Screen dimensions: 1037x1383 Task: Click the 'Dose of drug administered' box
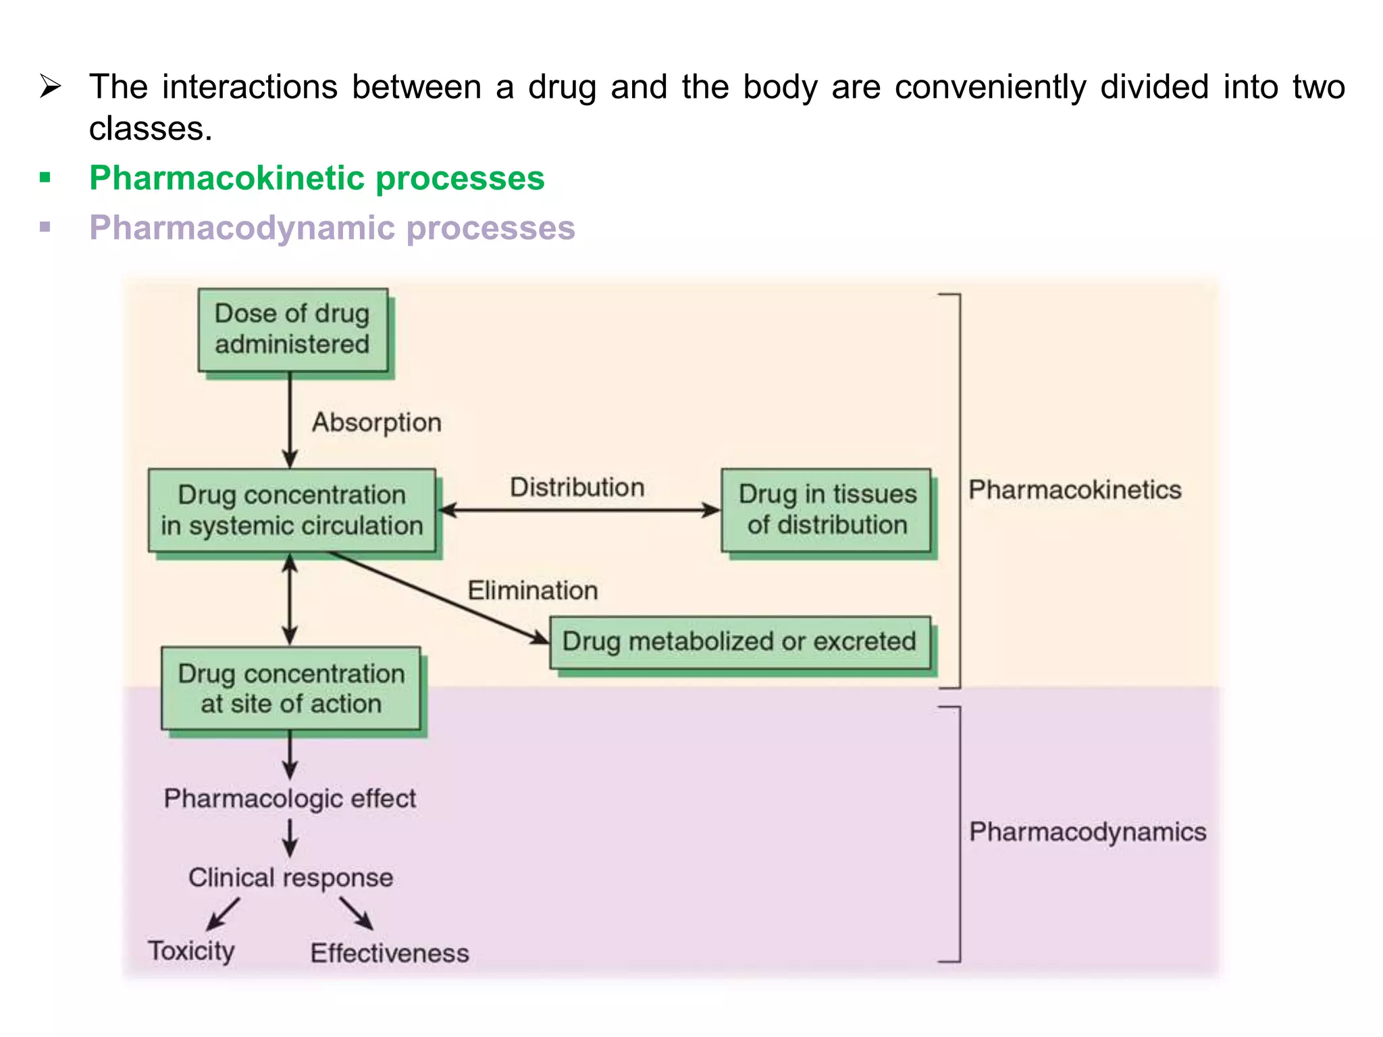292,329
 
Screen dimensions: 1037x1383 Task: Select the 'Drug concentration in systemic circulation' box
292,510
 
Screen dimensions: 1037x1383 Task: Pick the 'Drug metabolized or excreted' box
739,641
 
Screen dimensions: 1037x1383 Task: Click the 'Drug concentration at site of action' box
291,688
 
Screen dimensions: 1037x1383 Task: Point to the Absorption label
377,423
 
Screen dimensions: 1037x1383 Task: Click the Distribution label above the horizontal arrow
577,487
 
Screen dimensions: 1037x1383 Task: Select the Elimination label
533,591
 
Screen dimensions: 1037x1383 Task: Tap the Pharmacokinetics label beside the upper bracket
1074,490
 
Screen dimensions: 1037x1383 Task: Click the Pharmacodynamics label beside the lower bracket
1087,832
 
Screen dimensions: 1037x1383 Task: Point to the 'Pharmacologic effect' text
290,799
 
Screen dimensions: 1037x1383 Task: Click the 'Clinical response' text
290,878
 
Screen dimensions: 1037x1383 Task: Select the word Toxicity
191,951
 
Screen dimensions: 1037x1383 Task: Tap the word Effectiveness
390,953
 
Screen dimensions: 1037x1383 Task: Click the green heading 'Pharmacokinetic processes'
317,178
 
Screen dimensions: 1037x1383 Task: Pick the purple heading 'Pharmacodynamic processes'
332,228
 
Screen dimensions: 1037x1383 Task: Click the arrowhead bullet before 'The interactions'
51,87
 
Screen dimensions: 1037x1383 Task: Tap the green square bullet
45,178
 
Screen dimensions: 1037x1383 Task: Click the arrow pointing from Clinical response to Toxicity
223,914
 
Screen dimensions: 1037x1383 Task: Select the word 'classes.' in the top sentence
151,129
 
